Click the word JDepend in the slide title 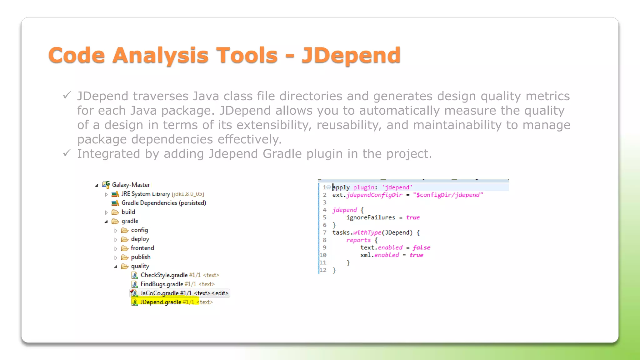[351, 55]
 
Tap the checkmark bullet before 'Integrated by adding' [67, 153]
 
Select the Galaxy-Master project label [131, 185]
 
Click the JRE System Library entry [146, 194]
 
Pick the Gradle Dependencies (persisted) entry [163, 203]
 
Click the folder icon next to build [115, 212]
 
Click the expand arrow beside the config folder [116, 231]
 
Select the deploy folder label [140, 239]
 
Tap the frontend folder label [142, 248]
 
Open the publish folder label [141, 257]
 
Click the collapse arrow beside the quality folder [116, 267]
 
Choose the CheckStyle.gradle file [164, 275]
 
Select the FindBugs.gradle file [162, 284]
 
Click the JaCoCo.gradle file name [159, 293]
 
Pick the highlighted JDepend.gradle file [161, 302]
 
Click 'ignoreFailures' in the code [371, 217]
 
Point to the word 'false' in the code [421, 247]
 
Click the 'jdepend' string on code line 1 [397, 187]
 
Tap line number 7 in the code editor [325, 232]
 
